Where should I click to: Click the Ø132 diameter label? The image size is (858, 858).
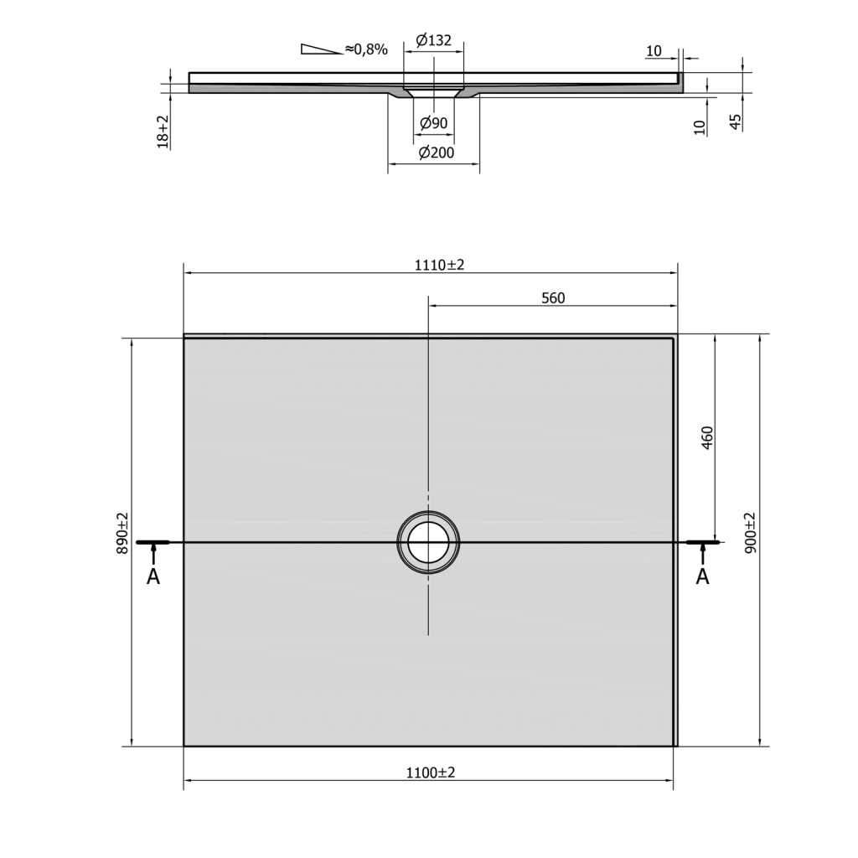tap(433, 40)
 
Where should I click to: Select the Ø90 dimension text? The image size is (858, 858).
tap(433, 123)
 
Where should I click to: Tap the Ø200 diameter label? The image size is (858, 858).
tap(436, 152)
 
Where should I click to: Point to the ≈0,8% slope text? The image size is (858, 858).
tap(366, 49)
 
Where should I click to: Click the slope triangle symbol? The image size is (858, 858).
tap(321, 49)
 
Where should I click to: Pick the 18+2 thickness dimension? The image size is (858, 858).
tap(163, 132)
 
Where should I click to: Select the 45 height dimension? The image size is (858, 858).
tap(736, 122)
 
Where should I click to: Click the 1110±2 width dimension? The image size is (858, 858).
tap(439, 265)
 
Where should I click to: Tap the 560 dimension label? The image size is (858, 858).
tap(553, 298)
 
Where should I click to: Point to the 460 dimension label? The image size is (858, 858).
tap(707, 437)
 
